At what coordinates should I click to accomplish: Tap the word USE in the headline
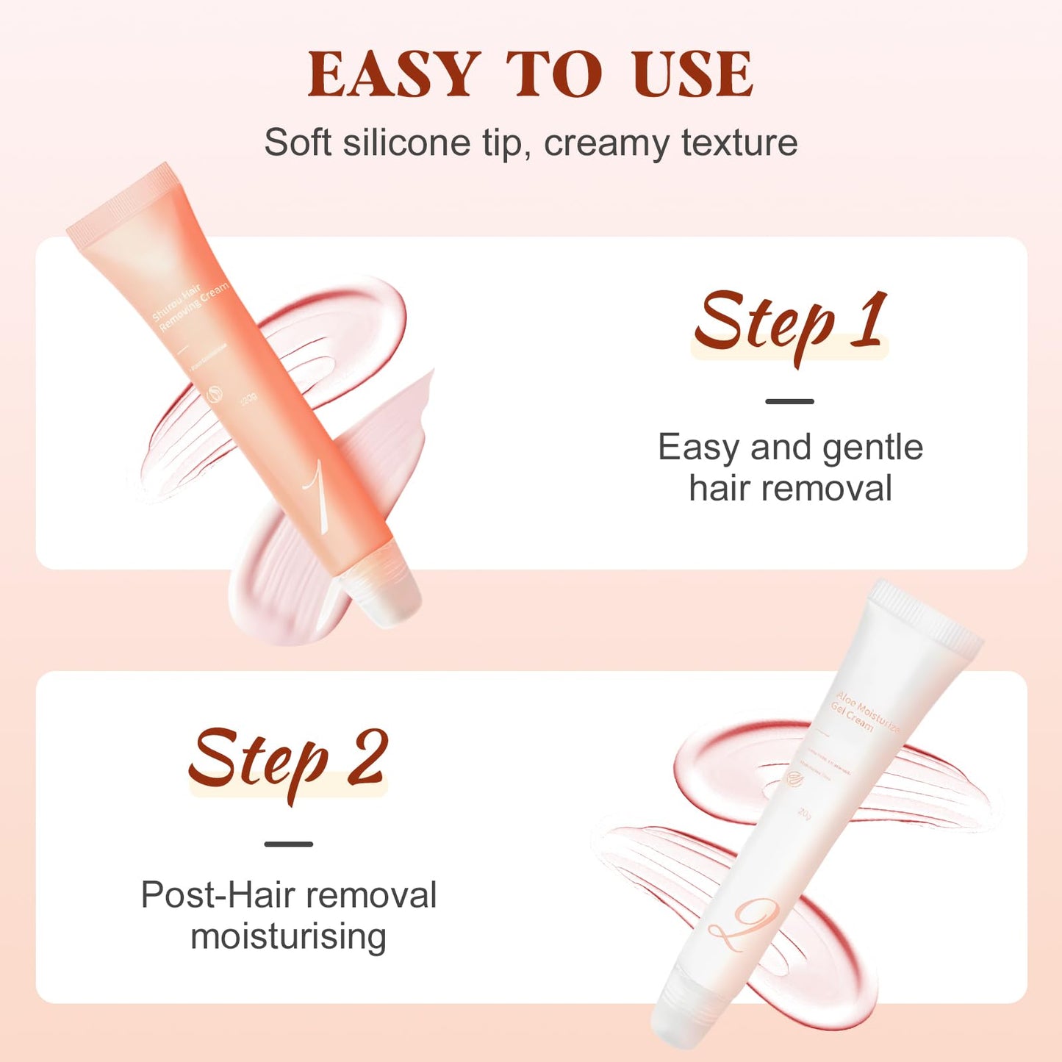[692, 74]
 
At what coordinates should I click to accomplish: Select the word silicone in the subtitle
[406, 142]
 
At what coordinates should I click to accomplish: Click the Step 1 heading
[790, 323]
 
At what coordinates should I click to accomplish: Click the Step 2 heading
[287, 760]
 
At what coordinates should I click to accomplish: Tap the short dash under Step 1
[789, 401]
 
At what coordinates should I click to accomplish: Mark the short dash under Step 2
[288, 844]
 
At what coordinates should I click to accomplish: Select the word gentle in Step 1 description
[872, 447]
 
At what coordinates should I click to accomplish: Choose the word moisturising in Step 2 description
[288, 936]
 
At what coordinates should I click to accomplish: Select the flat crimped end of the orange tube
[121, 198]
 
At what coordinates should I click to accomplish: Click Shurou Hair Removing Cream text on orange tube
[189, 305]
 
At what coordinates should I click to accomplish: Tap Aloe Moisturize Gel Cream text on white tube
[864, 712]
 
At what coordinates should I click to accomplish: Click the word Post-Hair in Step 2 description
[218, 895]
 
